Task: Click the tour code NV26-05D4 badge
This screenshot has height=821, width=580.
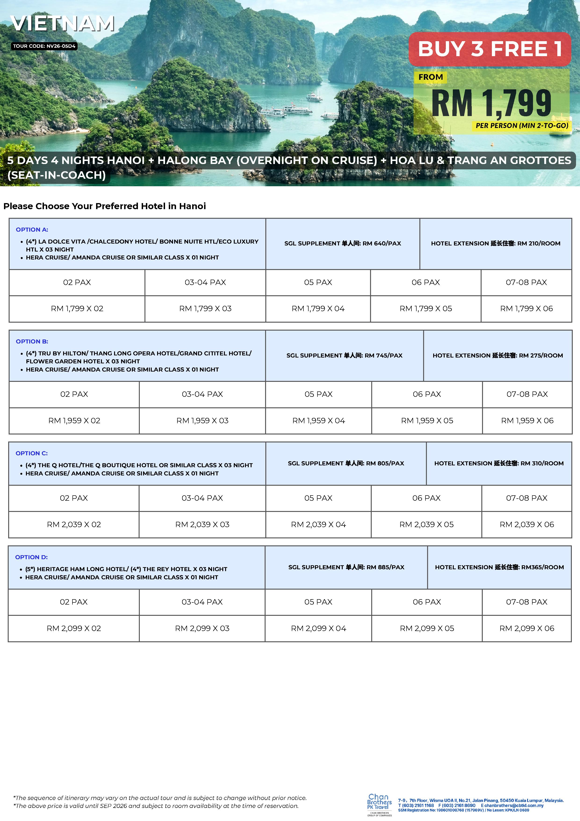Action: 44,46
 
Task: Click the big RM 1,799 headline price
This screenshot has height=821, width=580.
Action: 491,103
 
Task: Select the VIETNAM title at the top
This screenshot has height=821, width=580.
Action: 63,24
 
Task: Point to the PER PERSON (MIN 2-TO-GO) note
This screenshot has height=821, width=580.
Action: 521,125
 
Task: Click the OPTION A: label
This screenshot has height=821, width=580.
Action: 32,230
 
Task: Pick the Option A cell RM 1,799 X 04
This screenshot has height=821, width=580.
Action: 318,309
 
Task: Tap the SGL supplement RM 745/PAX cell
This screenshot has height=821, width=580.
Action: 344,355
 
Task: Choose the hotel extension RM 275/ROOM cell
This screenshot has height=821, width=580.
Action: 497,355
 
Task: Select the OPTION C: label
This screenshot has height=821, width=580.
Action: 32,453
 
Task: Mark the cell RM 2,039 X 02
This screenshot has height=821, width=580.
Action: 74,525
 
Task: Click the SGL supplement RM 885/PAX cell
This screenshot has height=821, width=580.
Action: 346,567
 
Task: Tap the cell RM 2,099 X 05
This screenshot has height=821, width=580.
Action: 427,628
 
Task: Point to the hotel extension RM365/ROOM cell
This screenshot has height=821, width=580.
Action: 499,567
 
